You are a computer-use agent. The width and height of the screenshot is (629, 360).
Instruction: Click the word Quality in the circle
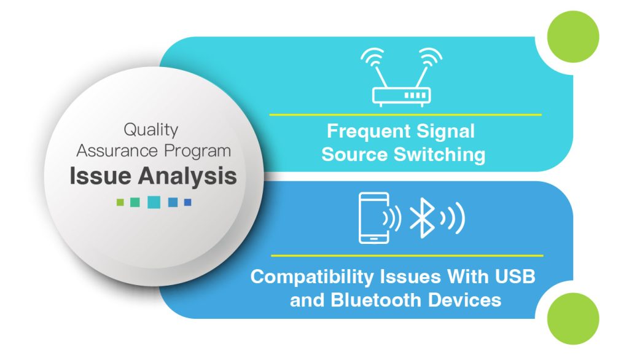point(151,130)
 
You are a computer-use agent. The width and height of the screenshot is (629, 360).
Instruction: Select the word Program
point(197,152)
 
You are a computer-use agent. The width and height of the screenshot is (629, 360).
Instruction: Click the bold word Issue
point(100,176)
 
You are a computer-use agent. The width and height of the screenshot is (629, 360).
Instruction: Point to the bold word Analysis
point(187,176)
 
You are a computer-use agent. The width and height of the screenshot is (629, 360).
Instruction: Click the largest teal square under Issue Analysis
point(154,202)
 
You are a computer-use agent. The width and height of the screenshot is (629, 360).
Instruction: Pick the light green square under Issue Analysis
point(120,202)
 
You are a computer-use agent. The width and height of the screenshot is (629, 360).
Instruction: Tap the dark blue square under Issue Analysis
point(188,202)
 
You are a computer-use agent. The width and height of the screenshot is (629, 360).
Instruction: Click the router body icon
point(401,96)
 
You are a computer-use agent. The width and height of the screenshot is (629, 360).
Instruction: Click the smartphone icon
point(374,218)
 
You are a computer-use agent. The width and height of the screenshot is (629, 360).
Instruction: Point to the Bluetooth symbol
point(421,218)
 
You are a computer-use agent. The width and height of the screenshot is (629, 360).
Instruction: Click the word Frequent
point(369,131)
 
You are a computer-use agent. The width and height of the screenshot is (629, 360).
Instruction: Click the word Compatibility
point(312,277)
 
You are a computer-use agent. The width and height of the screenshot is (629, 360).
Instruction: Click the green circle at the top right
point(573,36)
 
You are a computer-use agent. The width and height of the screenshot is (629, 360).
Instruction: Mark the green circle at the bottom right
point(573,318)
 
